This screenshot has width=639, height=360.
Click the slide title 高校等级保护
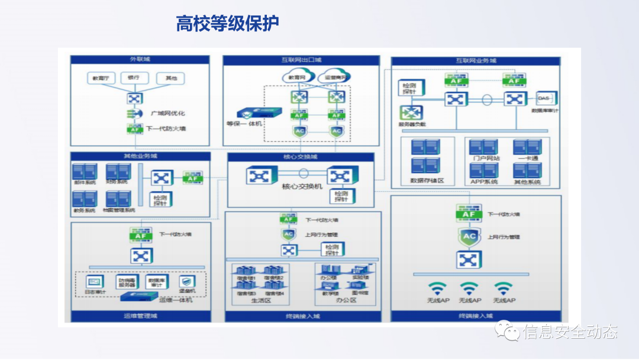coord(228,23)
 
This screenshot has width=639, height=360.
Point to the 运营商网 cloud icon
coord(334,77)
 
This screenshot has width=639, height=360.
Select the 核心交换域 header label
coord(301,157)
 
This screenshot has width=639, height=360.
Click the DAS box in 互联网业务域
coord(543,97)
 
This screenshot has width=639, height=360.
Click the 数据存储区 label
coord(427,181)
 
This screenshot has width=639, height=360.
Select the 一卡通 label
coord(527,159)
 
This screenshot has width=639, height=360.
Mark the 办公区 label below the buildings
coord(346,301)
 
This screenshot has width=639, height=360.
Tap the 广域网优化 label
coord(168,113)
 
